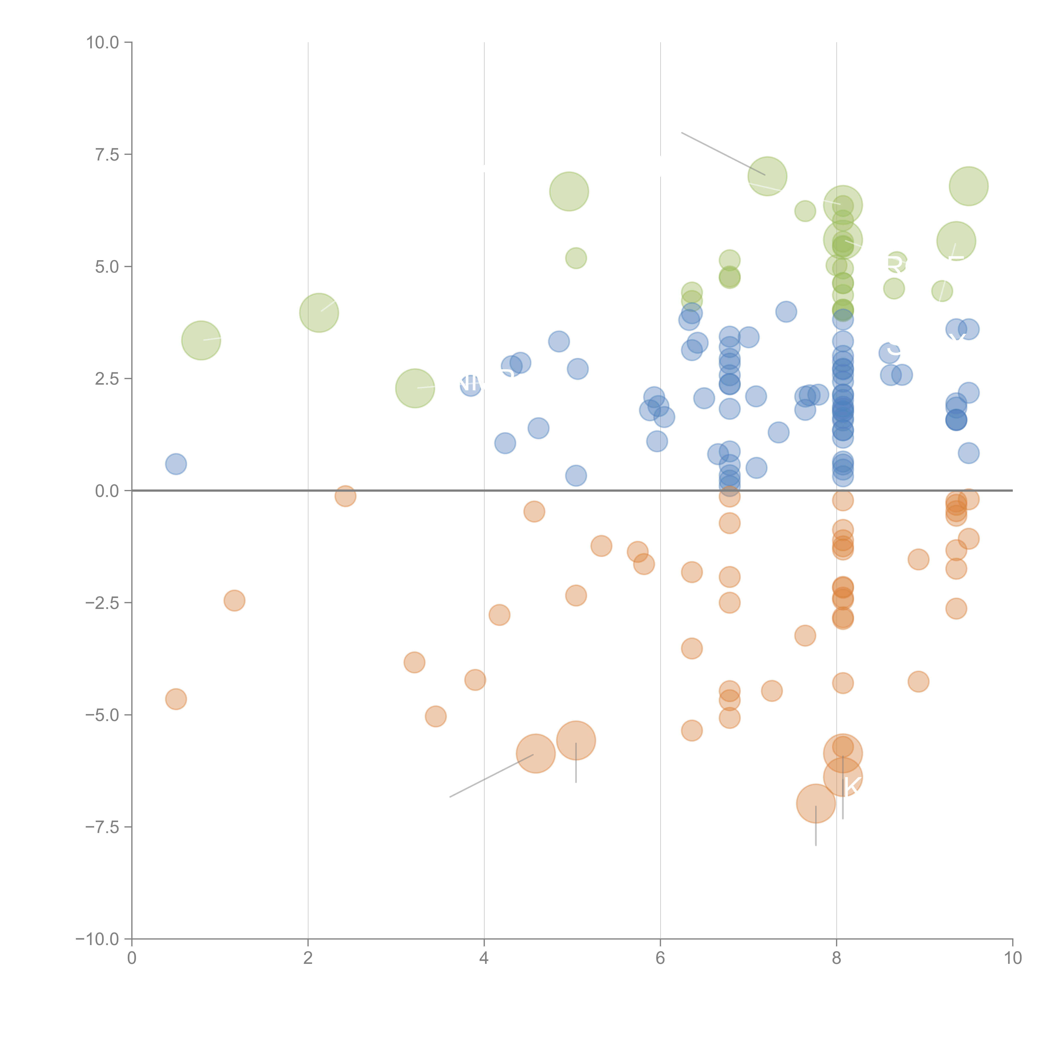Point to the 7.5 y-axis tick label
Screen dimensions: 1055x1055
tap(107, 154)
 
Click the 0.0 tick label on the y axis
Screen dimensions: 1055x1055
tap(107, 491)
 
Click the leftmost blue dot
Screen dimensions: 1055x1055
tap(176, 464)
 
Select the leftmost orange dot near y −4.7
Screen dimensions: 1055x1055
tap(176, 699)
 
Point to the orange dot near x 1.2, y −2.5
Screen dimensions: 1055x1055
tap(234, 601)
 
